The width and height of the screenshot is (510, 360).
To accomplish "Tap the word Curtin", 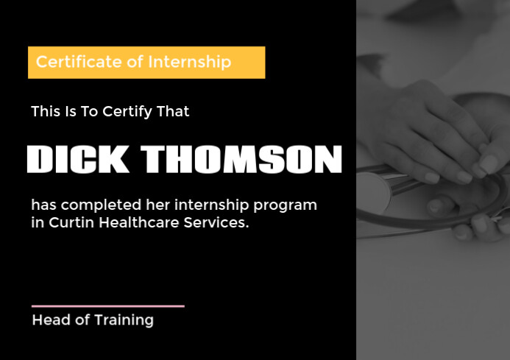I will [71, 222].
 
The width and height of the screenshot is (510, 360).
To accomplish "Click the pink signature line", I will [107, 306].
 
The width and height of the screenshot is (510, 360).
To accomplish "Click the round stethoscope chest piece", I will [373, 192].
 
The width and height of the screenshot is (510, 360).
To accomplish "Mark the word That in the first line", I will [174, 112].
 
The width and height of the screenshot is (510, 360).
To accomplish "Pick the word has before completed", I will [43, 205].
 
